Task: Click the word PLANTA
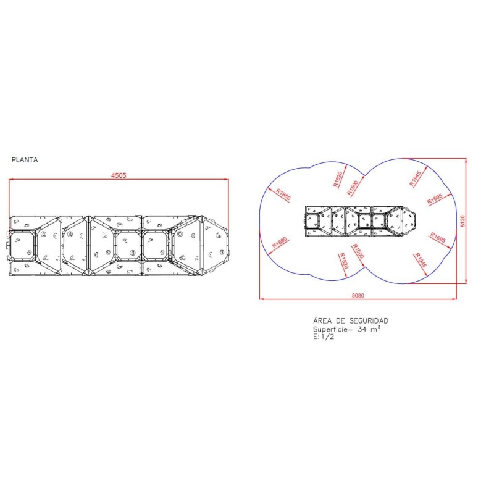tap(25, 160)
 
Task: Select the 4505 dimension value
tap(119, 175)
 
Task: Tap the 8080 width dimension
tap(358, 296)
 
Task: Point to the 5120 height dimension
tap(463, 221)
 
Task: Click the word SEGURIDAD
tap(369, 320)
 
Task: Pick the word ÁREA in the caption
tap(322, 320)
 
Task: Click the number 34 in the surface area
tap(362, 330)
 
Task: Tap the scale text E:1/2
tap(324, 337)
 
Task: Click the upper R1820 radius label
tap(338, 179)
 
